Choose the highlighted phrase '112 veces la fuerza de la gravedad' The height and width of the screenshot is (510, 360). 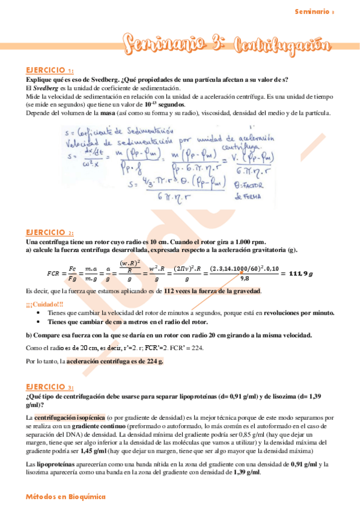pyautogui.click(x=213, y=291)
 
